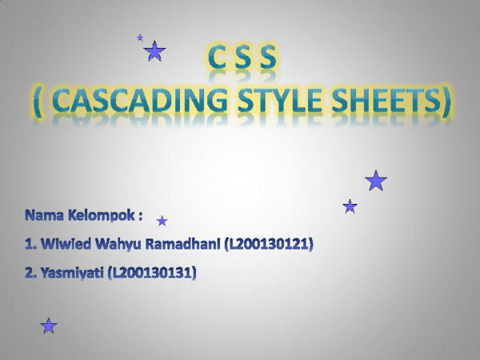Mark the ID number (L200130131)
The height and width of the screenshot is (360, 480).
pos(151,274)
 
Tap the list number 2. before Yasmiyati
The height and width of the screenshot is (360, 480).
pos(30,274)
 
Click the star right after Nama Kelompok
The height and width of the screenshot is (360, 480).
pos(162,221)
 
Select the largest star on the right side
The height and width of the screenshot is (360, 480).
pos(376,182)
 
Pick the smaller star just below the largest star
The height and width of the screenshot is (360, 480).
pos(350,206)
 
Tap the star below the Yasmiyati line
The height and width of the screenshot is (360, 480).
pos(49,326)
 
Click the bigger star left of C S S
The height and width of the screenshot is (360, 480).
pos(154,53)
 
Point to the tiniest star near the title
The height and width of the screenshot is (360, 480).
pos(140,38)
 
